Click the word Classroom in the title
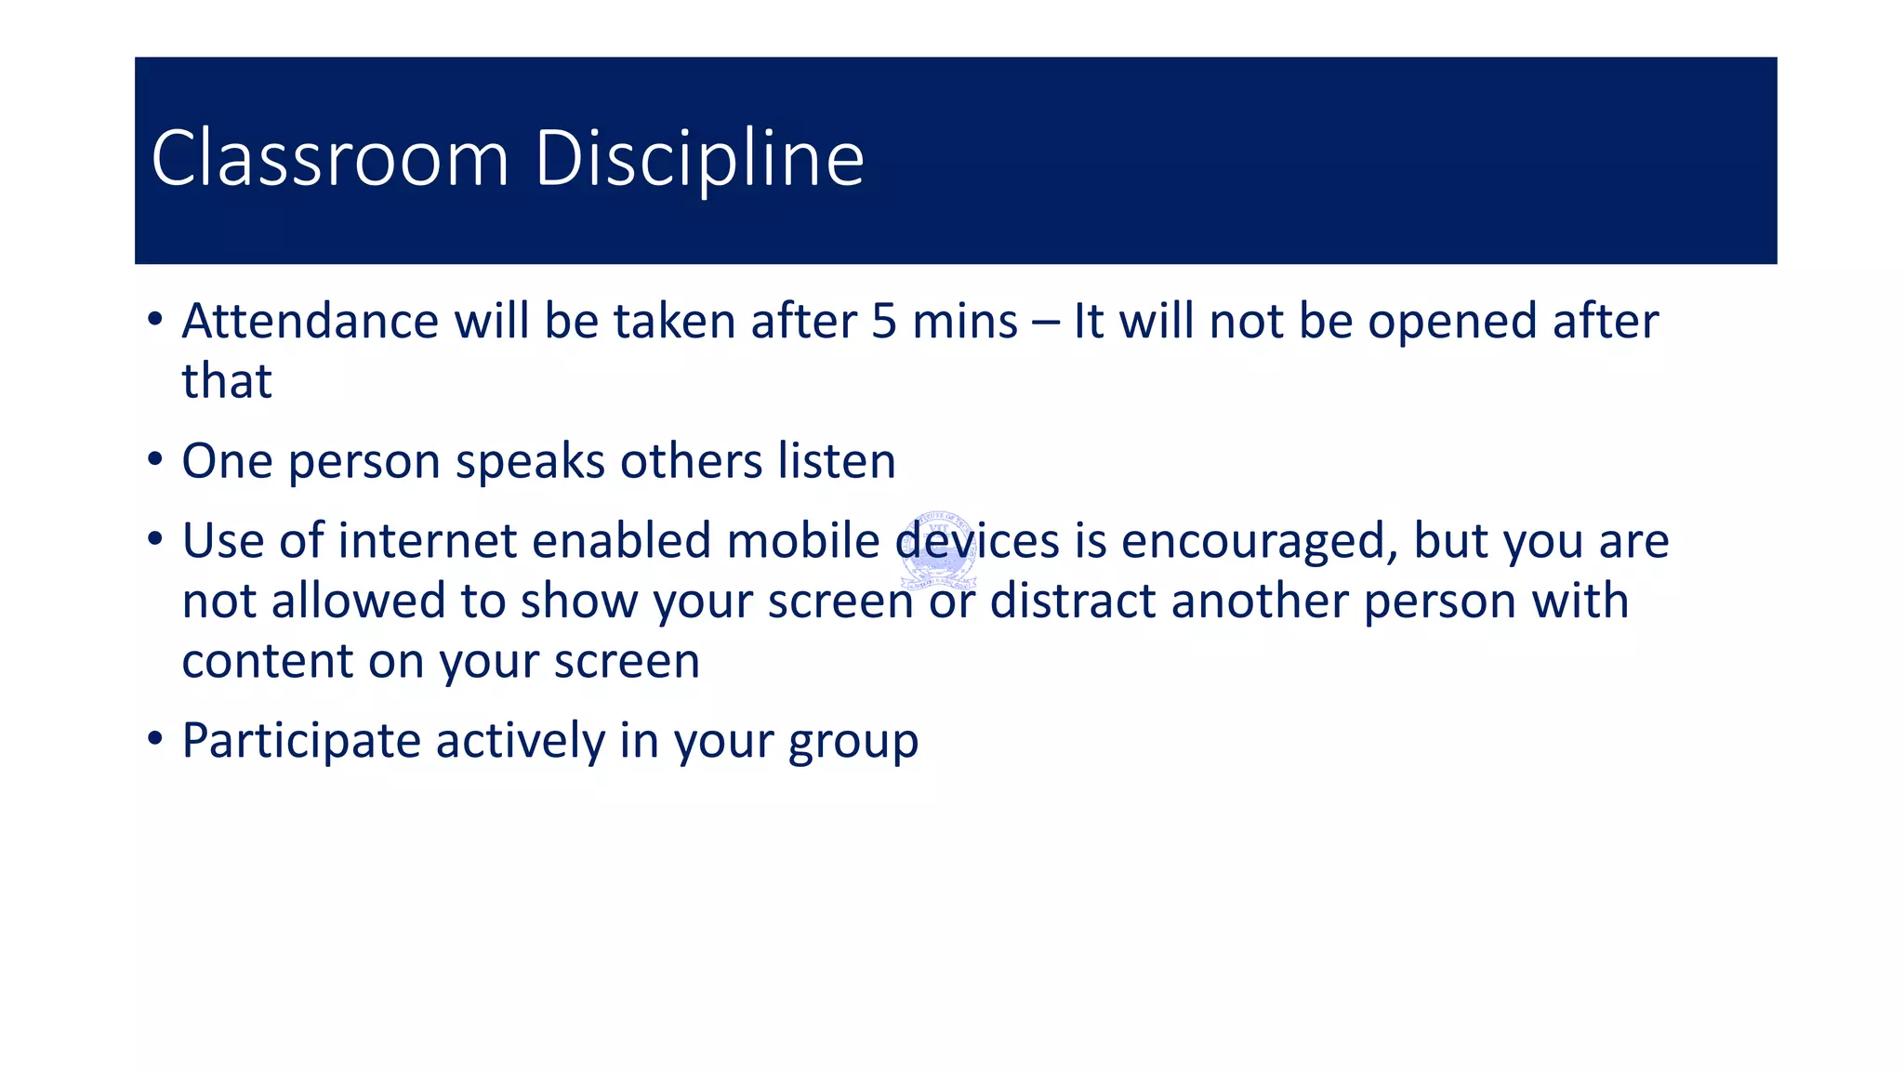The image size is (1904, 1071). (330, 158)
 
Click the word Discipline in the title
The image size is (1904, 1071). (699, 158)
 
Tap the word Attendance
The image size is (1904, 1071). (310, 322)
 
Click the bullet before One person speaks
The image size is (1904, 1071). (155, 459)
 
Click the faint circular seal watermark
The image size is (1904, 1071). (938, 550)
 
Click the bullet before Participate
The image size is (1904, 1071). (155, 739)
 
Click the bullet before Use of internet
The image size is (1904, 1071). (155, 538)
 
